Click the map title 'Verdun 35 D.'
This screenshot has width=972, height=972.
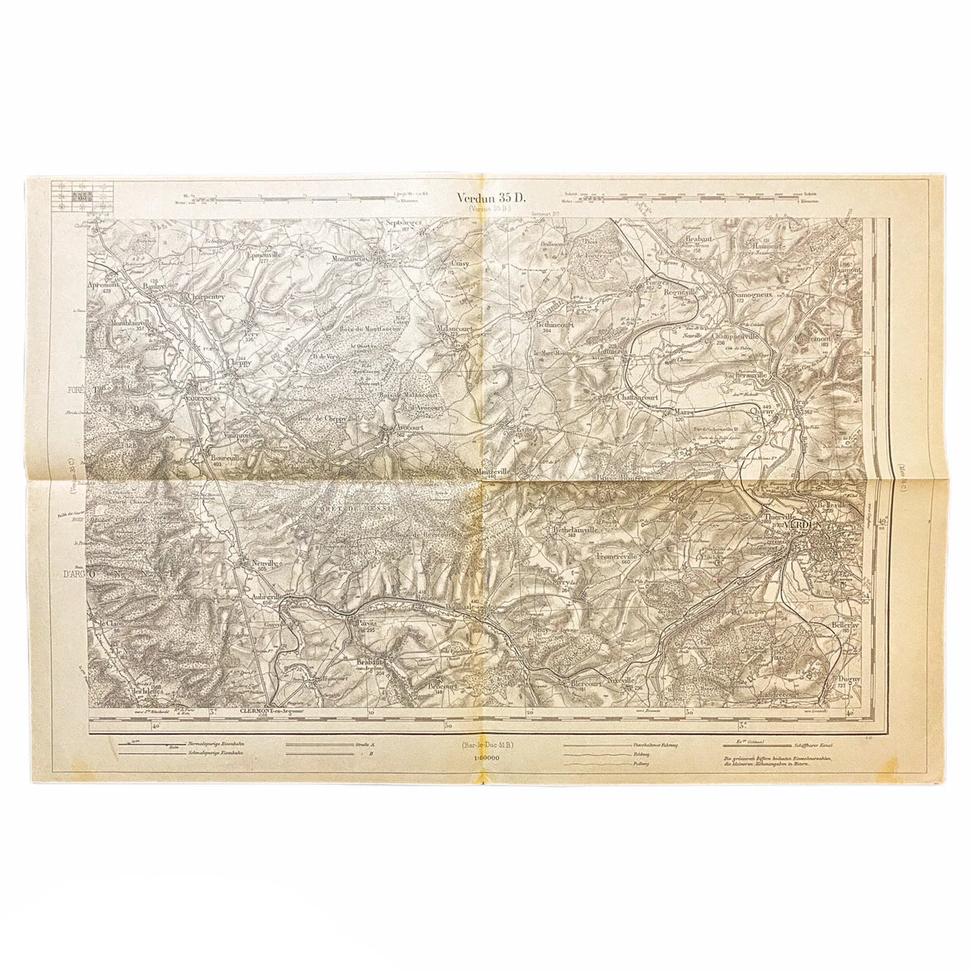pyautogui.click(x=491, y=197)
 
